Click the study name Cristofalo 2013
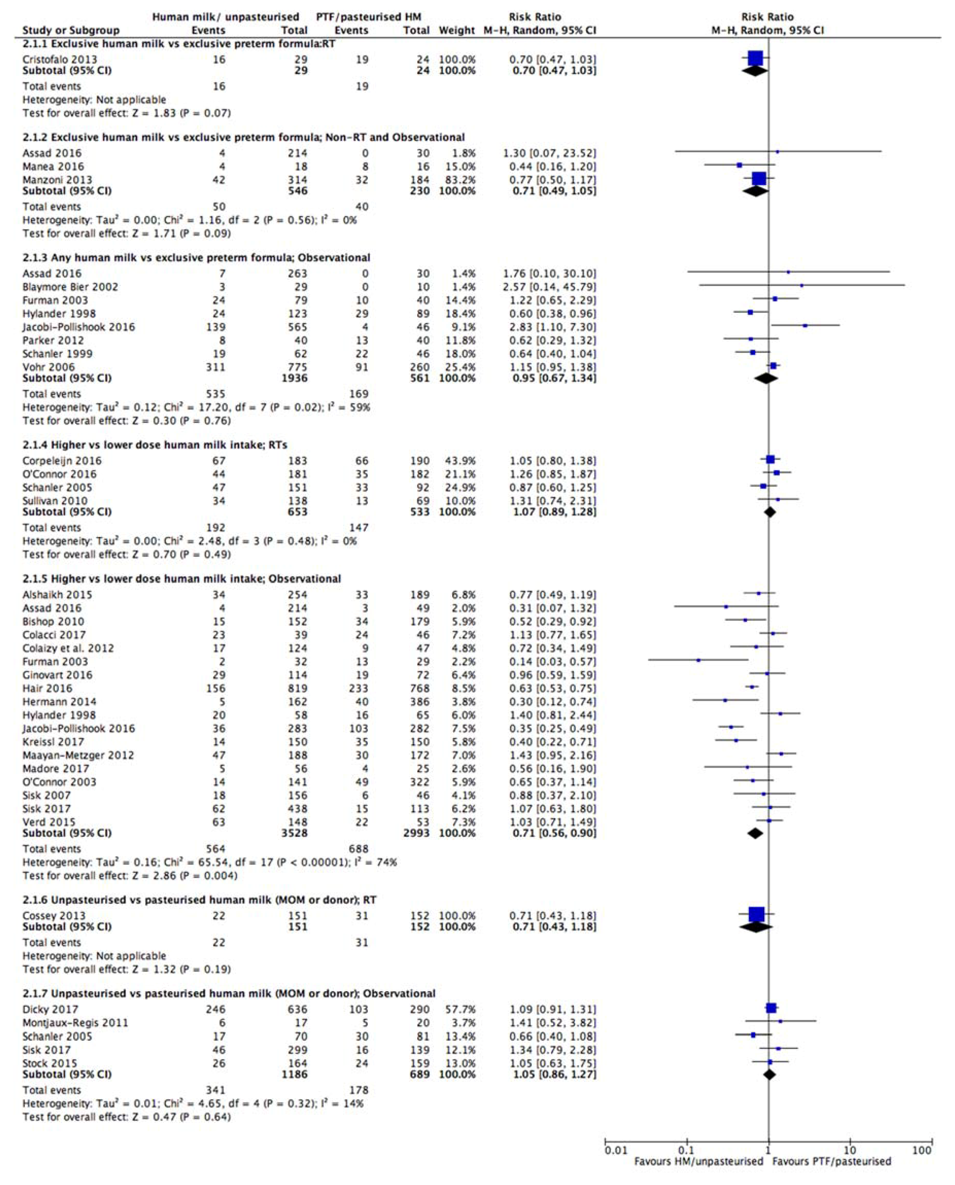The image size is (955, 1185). [59, 59]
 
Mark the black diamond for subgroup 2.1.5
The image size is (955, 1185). [755, 833]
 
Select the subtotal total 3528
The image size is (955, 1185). [294, 833]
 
